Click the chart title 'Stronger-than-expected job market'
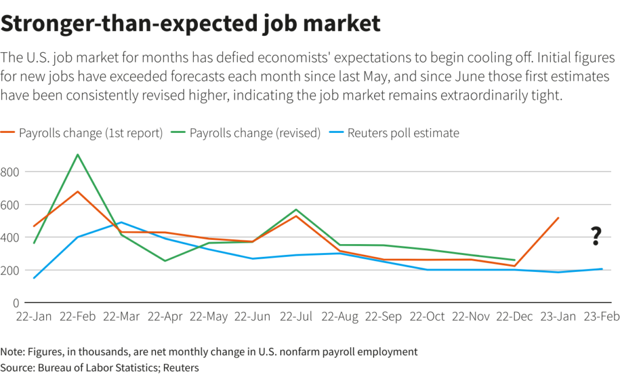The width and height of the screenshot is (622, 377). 191,24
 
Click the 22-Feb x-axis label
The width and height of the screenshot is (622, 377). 78,317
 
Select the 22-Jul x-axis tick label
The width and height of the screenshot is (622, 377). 297,317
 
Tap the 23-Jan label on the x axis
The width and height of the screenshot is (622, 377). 558,317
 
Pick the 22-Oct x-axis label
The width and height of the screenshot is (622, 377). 427,317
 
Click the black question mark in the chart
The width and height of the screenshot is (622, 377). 596,236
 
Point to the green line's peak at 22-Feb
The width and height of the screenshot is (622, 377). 78,154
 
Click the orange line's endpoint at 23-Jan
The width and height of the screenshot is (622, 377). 558,218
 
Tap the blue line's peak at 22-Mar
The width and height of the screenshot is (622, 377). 121,222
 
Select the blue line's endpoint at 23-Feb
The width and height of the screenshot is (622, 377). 602,269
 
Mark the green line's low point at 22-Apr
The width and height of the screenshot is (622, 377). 165,261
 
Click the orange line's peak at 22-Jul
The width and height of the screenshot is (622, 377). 296,216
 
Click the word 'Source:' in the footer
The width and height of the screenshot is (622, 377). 18,367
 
